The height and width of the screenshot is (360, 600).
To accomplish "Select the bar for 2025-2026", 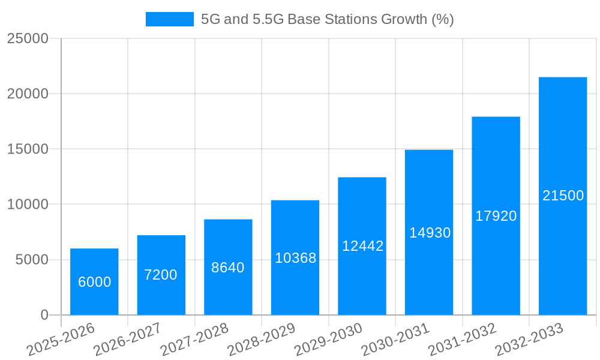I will pyautogui.click(x=94, y=282).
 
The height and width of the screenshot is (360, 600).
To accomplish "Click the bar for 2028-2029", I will pyautogui.click(x=295, y=258).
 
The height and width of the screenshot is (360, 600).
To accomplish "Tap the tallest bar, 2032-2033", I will pyautogui.click(x=563, y=196).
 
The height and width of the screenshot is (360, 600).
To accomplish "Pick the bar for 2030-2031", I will pyautogui.click(x=429, y=232).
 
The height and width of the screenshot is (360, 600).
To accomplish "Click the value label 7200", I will pyautogui.click(x=161, y=275).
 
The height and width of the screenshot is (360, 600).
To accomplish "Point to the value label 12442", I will pyautogui.click(x=362, y=246).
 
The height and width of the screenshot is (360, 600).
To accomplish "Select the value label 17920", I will pyautogui.click(x=496, y=216).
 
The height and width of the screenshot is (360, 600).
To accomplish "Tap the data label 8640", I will pyautogui.click(x=228, y=268).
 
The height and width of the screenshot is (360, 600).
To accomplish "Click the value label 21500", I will pyautogui.click(x=563, y=196).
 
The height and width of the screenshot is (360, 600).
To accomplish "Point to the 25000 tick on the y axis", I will pyautogui.click(x=28, y=38).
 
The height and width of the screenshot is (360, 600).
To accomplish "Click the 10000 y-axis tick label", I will pyautogui.click(x=28, y=205).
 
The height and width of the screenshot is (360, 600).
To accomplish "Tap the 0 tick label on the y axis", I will pyautogui.click(x=44, y=315).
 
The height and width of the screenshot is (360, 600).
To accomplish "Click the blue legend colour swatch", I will pyautogui.click(x=170, y=19).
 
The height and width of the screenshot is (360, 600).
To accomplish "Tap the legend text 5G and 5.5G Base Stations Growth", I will pyautogui.click(x=327, y=19).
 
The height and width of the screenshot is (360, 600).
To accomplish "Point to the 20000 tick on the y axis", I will pyautogui.click(x=28, y=94).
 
